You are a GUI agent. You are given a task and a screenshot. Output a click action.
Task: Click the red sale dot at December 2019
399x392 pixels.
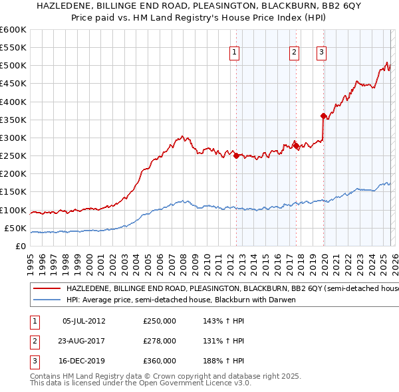[x=323, y=116]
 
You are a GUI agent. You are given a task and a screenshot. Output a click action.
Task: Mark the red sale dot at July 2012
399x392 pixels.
[x=236, y=155]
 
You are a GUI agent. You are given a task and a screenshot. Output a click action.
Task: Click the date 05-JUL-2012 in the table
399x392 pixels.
[x=84, y=320]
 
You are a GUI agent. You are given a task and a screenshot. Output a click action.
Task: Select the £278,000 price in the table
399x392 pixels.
[x=160, y=341]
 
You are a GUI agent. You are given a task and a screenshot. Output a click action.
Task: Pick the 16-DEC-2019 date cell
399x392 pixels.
[x=84, y=361]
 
